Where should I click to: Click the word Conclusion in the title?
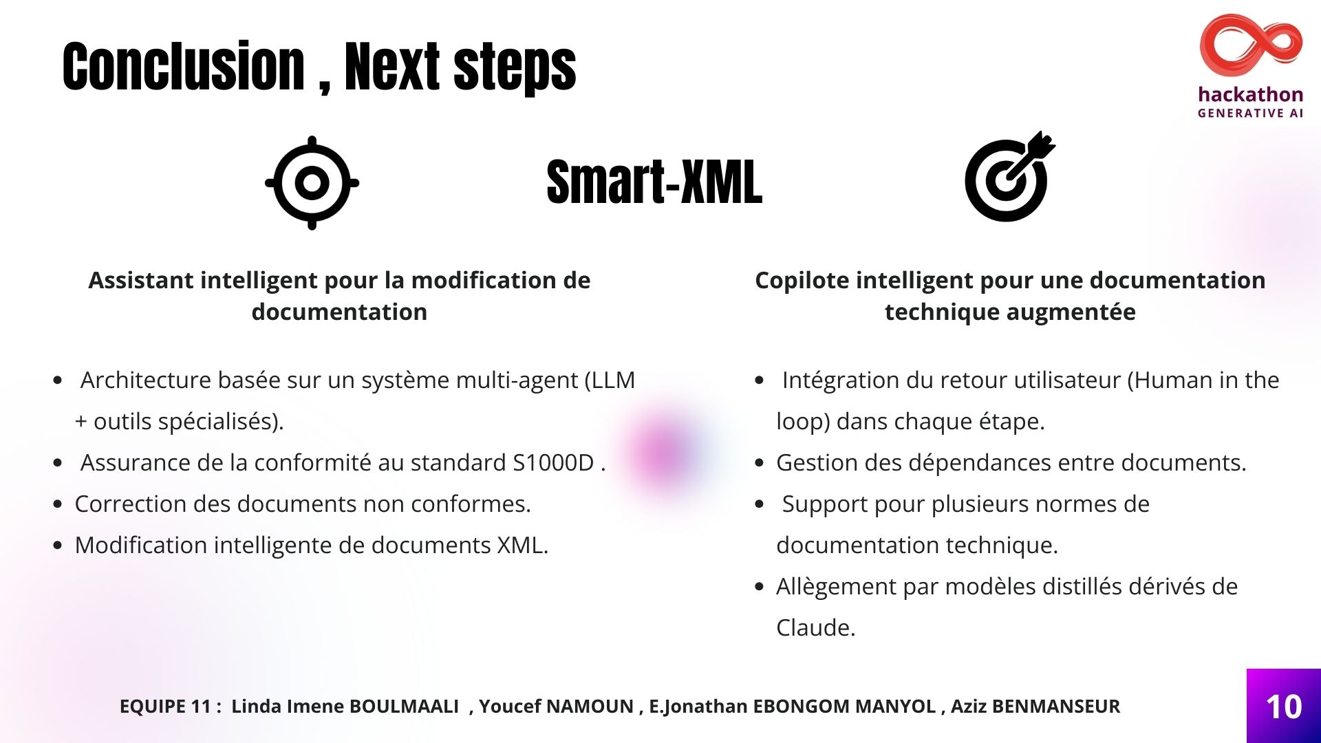[x=184, y=66]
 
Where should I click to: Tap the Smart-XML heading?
[x=654, y=182]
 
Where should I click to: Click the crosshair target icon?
[x=312, y=183]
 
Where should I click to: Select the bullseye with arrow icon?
[x=1009, y=177]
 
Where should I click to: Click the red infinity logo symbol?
[x=1251, y=46]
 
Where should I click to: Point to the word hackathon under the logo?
[x=1251, y=94]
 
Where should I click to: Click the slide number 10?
[x=1284, y=707]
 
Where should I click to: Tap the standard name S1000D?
[x=553, y=463]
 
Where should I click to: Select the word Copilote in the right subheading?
[x=802, y=281]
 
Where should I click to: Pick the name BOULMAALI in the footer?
[x=404, y=707]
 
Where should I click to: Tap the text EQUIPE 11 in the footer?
[x=165, y=707]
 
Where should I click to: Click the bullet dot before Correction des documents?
[x=58, y=504]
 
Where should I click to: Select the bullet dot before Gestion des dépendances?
[x=760, y=463]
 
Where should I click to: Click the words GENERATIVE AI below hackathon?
[x=1251, y=114]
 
